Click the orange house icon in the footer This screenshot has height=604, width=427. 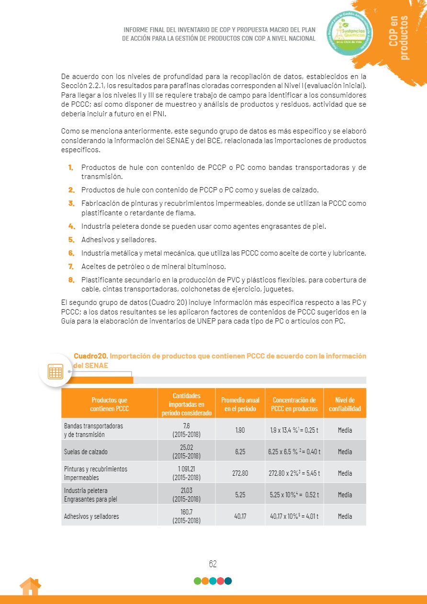(x=30, y=587)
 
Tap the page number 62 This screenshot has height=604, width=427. (x=213, y=564)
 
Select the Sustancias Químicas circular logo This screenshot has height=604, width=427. (x=349, y=33)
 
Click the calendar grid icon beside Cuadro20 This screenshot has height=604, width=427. (x=56, y=370)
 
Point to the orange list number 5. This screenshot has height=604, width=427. (x=71, y=239)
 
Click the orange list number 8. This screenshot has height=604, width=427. (x=71, y=280)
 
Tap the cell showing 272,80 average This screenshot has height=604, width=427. (x=240, y=473)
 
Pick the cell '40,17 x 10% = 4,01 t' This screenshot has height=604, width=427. (x=294, y=516)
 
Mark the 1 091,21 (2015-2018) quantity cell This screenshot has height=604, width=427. (x=186, y=473)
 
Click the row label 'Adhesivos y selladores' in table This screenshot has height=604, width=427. (x=91, y=516)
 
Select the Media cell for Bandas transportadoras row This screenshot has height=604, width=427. (x=345, y=430)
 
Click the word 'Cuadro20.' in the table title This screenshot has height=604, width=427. (x=91, y=356)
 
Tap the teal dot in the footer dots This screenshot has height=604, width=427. (x=228, y=581)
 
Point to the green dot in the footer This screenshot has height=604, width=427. (x=197, y=581)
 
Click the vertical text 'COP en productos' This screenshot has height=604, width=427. (x=399, y=37)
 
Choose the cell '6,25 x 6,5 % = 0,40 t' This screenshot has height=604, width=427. (x=294, y=451)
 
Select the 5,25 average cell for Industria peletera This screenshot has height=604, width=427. (x=240, y=494)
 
